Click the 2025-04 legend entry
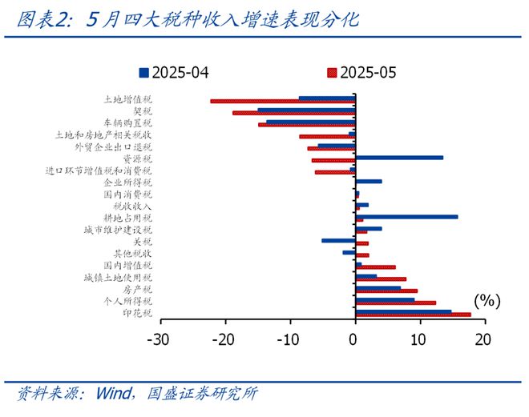click(175, 73)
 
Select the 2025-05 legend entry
click(358, 73)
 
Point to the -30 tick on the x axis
click(160, 339)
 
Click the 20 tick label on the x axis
click(481, 339)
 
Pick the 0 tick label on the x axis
click(354, 339)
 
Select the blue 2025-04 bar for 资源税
click(398, 157)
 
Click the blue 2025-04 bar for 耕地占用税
click(406, 216)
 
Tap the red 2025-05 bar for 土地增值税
click(282, 102)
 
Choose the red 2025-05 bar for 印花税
click(413, 315)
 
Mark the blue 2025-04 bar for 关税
click(338, 239)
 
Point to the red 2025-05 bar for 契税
click(293, 113)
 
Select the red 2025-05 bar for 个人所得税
click(395, 303)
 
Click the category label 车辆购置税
click(131, 123)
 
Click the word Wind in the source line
click(114, 394)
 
